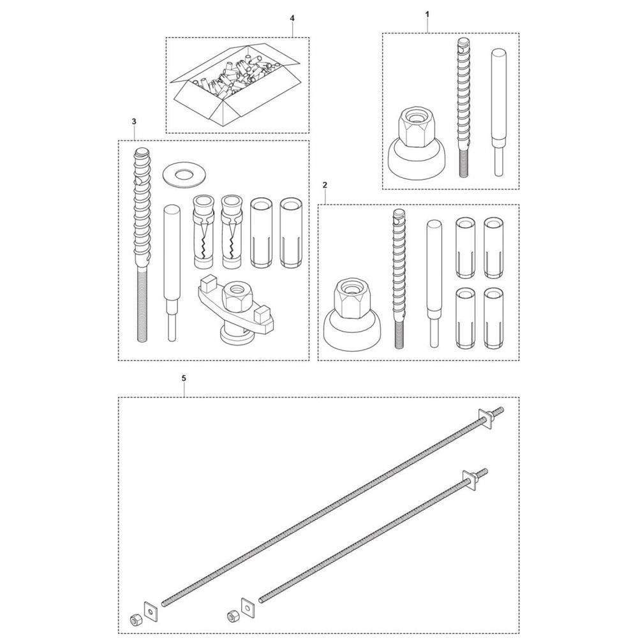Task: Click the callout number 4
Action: tap(292, 19)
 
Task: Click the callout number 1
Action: tap(427, 14)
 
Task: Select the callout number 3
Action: tap(134, 121)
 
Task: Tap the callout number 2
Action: tap(324, 185)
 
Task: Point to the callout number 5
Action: tap(184, 378)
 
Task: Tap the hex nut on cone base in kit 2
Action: tap(352, 313)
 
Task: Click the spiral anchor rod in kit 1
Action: tap(464, 107)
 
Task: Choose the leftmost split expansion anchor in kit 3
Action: tap(203, 232)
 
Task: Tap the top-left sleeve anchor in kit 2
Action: tap(464, 248)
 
